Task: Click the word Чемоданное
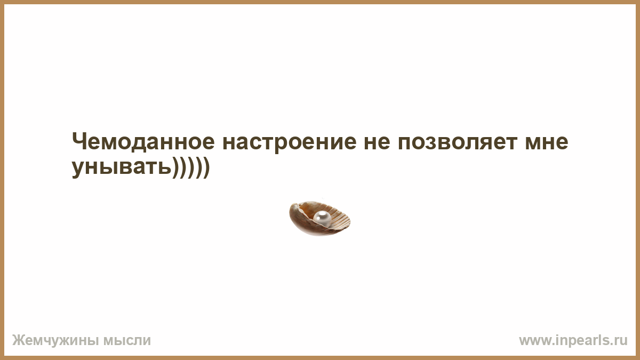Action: [143, 142]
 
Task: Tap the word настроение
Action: [289, 143]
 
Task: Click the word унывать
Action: [122, 168]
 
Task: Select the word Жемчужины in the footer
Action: [55, 341]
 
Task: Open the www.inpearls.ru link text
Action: [573, 341]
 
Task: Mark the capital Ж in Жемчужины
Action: [19, 340]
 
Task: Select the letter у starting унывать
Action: [79, 170]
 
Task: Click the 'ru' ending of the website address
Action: [621, 341]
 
